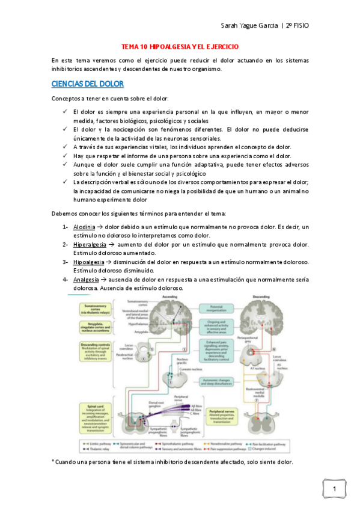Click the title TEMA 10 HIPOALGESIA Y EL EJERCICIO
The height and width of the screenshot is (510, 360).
(x=180, y=46)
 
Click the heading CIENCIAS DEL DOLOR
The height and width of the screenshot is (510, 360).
(x=88, y=83)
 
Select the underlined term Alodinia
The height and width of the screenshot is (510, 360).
(x=84, y=227)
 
